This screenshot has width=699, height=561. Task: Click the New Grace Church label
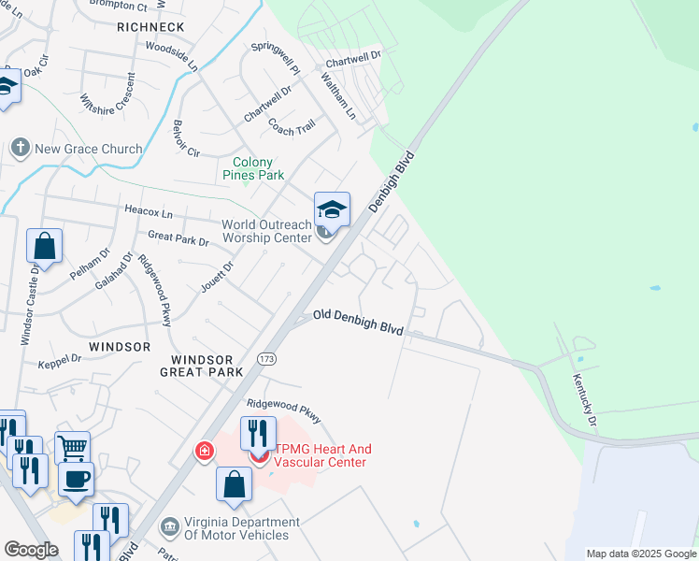(89, 149)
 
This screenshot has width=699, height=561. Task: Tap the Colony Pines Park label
(252, 168)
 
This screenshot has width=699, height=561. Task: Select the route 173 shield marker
(267, 359)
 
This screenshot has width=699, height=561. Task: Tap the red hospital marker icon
(204, 453)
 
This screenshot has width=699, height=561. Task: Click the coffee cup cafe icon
(76, 478)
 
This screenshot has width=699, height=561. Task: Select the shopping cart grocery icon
(72, 447)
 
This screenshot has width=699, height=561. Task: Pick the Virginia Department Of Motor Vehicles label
(235, 528)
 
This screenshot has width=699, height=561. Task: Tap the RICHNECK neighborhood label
(150, 28)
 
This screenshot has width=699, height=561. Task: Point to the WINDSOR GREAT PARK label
(207, 366)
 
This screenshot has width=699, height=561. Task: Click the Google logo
(31, 550)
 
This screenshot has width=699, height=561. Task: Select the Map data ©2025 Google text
(640, 554)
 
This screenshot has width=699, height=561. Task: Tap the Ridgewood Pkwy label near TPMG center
(283, 410)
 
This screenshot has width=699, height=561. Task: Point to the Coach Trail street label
(292, 126)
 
